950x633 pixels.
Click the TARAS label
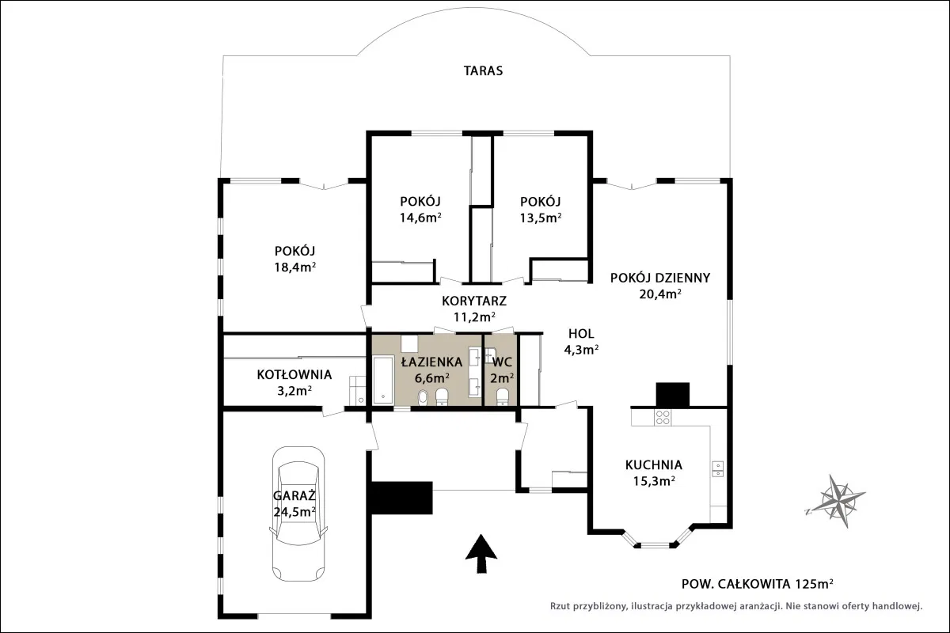point(483,70)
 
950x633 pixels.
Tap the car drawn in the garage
point(298,514)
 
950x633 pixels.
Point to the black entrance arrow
point(481,553)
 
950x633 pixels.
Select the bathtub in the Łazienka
point(383,381)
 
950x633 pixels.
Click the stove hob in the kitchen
point(663,417)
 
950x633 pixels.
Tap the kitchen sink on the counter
point(717,468)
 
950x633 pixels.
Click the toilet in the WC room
point(502,396)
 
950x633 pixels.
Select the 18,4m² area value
point(294,267)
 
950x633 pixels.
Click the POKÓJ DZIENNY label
point(660,278)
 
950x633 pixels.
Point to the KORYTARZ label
point(474,301)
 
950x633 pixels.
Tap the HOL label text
point(581,334)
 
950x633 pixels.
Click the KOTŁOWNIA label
point(294,374)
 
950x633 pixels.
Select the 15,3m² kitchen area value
point(654,481)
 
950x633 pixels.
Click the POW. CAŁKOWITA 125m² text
point(757,584)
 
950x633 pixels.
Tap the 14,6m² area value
point(420,218)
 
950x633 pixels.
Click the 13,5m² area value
point(541,218)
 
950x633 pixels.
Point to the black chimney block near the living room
point(673,395)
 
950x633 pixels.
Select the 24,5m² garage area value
point(294,512)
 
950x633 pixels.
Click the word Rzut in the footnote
point(560,606)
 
